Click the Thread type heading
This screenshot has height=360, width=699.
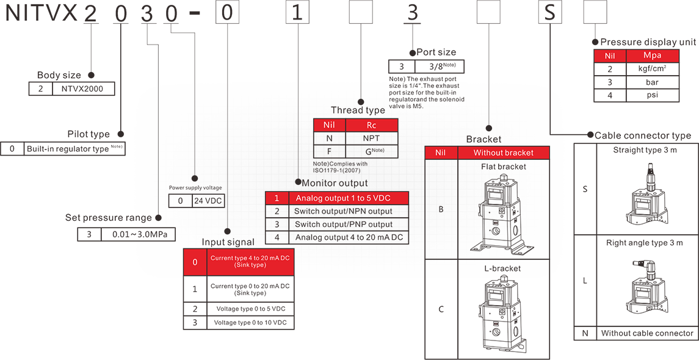coord(358,110)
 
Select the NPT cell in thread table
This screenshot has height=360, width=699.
coord(371,139)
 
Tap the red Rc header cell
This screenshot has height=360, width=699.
coord(371,125)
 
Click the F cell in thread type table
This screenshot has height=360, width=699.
coord(329,151)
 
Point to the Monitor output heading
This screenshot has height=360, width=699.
coord(335,182)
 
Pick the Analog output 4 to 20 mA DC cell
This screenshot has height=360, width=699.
coord(349,237)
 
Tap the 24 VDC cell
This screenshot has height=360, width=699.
coord(208,201)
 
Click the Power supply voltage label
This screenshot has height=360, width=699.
coord(195,187)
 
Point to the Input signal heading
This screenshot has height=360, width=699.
coord(228,242)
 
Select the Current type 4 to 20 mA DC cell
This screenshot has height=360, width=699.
coord(250,262)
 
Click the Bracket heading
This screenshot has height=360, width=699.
coord(484,139)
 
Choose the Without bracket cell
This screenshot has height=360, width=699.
coord(503,153)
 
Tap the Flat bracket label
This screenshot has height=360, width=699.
coord(503,167)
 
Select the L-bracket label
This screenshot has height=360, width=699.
coord(503,268)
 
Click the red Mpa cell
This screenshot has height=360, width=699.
coord(652,56)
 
